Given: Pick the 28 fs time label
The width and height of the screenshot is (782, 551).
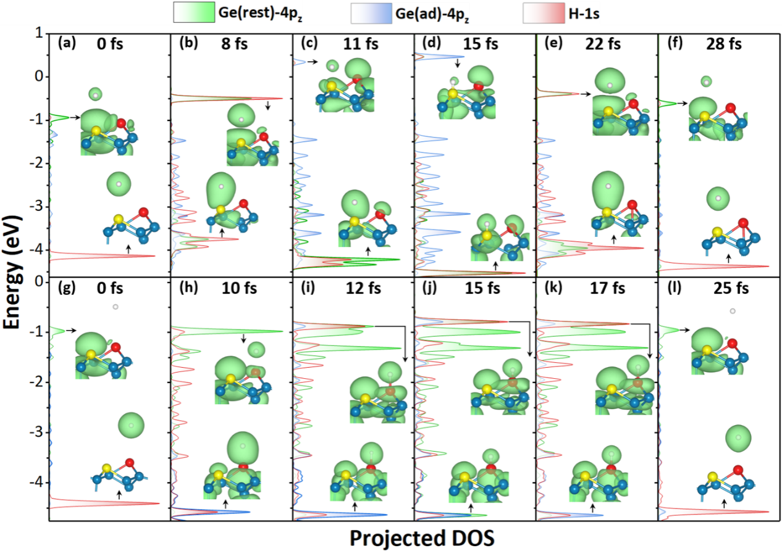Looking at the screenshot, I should coord(729,44).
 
